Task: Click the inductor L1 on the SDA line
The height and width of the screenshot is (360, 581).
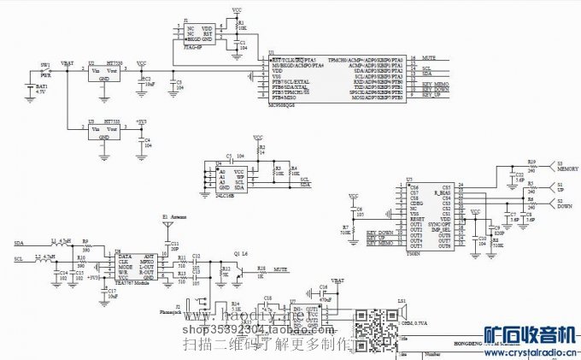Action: (x=56, y=242)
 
